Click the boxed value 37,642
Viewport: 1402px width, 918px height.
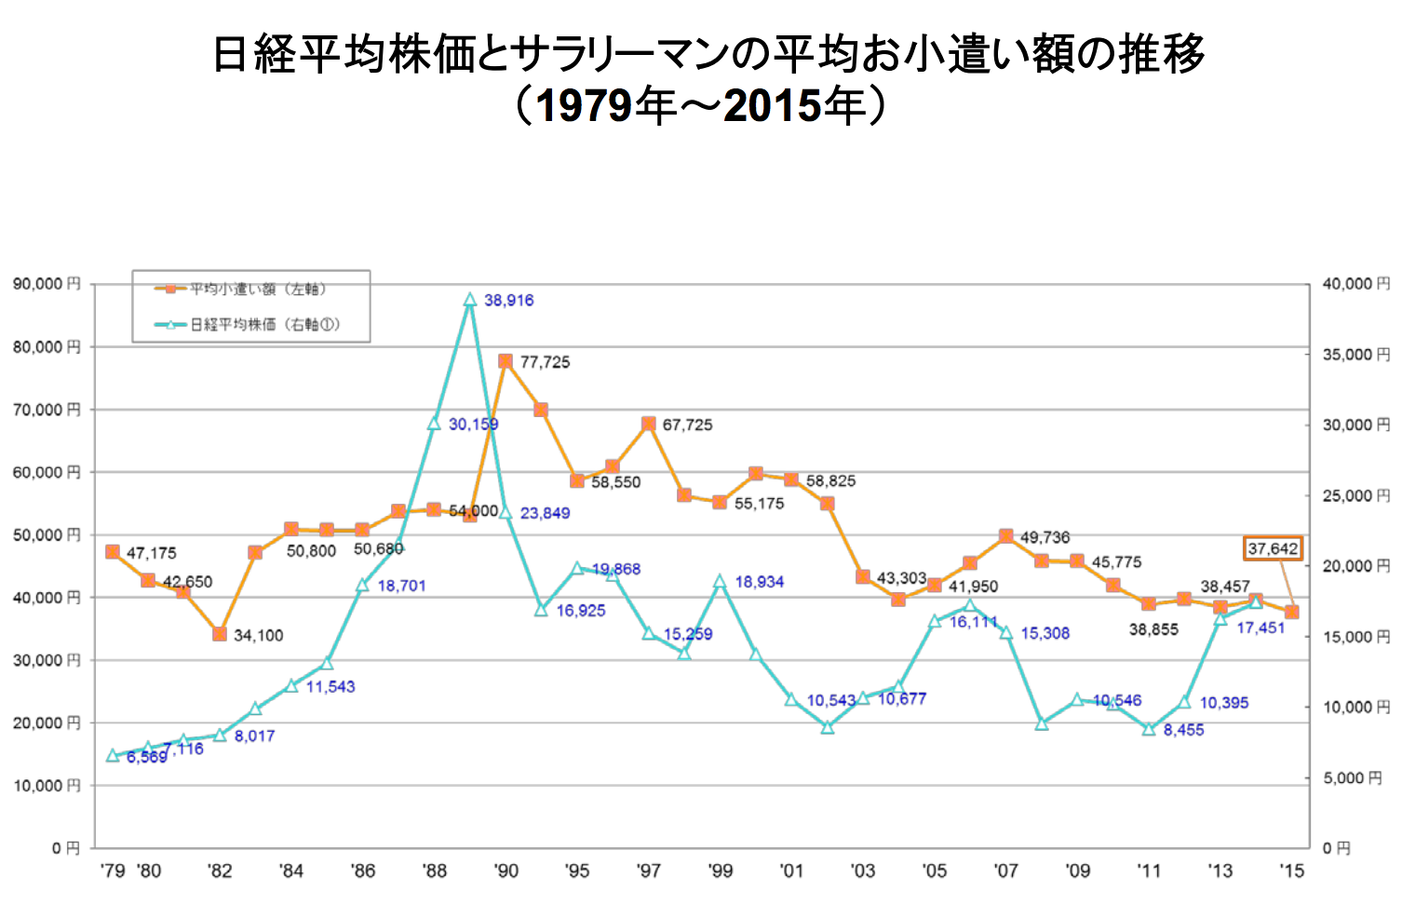click(x=1273, y=548)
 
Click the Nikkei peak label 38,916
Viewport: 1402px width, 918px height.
click(x=508, y=301)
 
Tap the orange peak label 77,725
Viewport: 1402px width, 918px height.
click(x=545, y=362)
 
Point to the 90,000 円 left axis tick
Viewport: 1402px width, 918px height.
click(x=47, y=284)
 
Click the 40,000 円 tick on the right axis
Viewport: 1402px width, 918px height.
click(x=1355, y=284)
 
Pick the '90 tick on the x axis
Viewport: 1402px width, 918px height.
click(x=506, y=871)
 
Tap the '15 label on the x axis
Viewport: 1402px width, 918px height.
click(x=1291, y=871)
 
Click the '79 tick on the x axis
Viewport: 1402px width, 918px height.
click(x=113, y=871)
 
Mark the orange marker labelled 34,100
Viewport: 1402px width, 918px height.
click(x=220, y=634)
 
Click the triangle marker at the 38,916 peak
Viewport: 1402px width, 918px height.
click(x=470, y=300)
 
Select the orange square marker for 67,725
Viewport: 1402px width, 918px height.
click(x=649, y=424)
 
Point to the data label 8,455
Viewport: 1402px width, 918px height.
click(x=1183, y=731)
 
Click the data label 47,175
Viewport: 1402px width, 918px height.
click(x=151, y=554)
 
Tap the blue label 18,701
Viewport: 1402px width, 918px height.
click(x=401, y=587)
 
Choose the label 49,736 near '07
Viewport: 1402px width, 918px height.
click(x=1045, y=538)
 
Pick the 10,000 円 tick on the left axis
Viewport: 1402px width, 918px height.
click(x=47, y=786)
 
